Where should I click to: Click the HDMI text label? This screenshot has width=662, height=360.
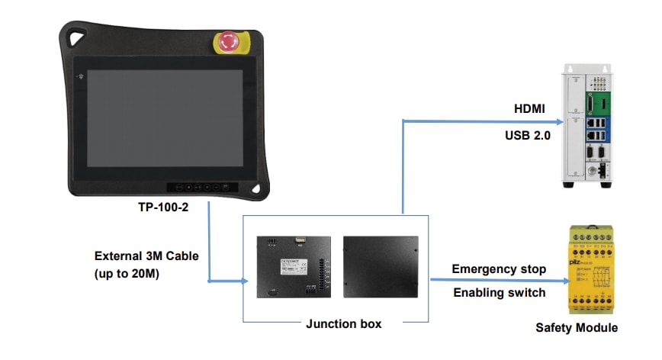pos(529,110)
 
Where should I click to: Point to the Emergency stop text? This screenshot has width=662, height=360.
pos(499,269)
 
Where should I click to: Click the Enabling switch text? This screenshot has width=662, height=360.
pos(499,293)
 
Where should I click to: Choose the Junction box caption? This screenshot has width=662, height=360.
pos(344,323)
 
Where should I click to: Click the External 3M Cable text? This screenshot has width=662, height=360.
pos(146,256)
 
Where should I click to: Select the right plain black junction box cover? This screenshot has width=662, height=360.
pos(381,267)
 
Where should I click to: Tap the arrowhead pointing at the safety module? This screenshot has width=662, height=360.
pos(564,280)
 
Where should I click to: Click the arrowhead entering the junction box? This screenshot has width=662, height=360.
pos(245,281)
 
